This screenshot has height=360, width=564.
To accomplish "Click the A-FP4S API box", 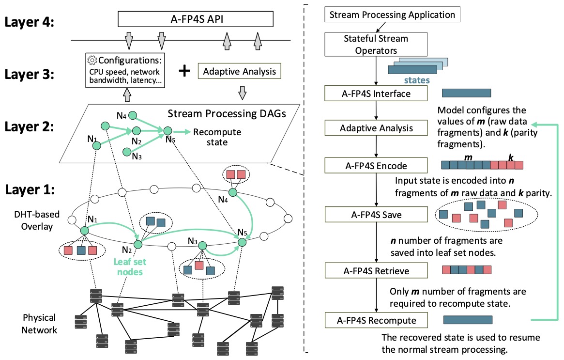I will [196, 20].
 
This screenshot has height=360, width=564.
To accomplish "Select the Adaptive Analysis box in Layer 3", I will [240, 72].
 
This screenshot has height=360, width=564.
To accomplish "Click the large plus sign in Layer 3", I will [183, 71].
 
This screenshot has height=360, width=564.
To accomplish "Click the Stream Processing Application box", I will [392, 15].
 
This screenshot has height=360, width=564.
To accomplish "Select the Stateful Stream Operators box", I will [376, 44].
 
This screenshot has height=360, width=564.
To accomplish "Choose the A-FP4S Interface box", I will [376, 94].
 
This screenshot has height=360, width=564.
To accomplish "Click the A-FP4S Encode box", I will [376, 166].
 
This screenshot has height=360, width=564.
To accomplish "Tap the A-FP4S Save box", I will [376, 214].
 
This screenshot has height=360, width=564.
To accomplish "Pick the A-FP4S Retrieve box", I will [376, 270].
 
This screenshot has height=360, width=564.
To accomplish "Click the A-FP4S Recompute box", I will [376, 320].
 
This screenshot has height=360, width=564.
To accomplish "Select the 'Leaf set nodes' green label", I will [130, 266].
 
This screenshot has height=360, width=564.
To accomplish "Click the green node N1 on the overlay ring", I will [85, 231].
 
